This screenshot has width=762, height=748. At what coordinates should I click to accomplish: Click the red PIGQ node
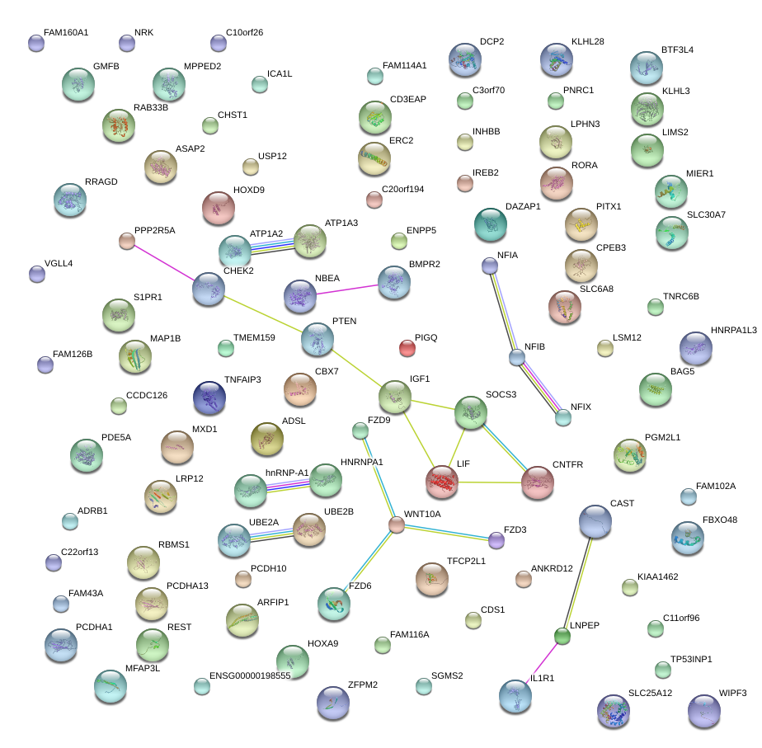click(407, 347)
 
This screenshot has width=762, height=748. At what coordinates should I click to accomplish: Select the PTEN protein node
click(317, 339)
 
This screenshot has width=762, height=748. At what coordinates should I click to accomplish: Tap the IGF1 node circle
click(395, 397)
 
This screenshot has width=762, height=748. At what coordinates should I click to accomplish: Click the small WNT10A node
click(397, 525)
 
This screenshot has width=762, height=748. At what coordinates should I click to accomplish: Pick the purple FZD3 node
click(496, 541)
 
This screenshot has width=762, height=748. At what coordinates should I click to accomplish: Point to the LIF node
click(442, 482)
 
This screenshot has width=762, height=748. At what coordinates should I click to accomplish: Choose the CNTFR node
click(538, 482)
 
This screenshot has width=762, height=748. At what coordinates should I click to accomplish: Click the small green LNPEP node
click(562, 636)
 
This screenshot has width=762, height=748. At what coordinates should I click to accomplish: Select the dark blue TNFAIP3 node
click(209, 398)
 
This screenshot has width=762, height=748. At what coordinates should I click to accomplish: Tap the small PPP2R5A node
click(126, 241)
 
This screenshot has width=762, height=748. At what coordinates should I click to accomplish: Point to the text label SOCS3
click(501, 395)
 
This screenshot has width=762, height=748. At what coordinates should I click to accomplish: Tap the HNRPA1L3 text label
click(733, 330)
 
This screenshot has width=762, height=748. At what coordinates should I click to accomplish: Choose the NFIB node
click(517, 357)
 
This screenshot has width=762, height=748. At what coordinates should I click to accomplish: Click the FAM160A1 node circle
click(35, 44)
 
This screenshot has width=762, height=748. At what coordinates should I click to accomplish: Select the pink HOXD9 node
click(219, 207)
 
